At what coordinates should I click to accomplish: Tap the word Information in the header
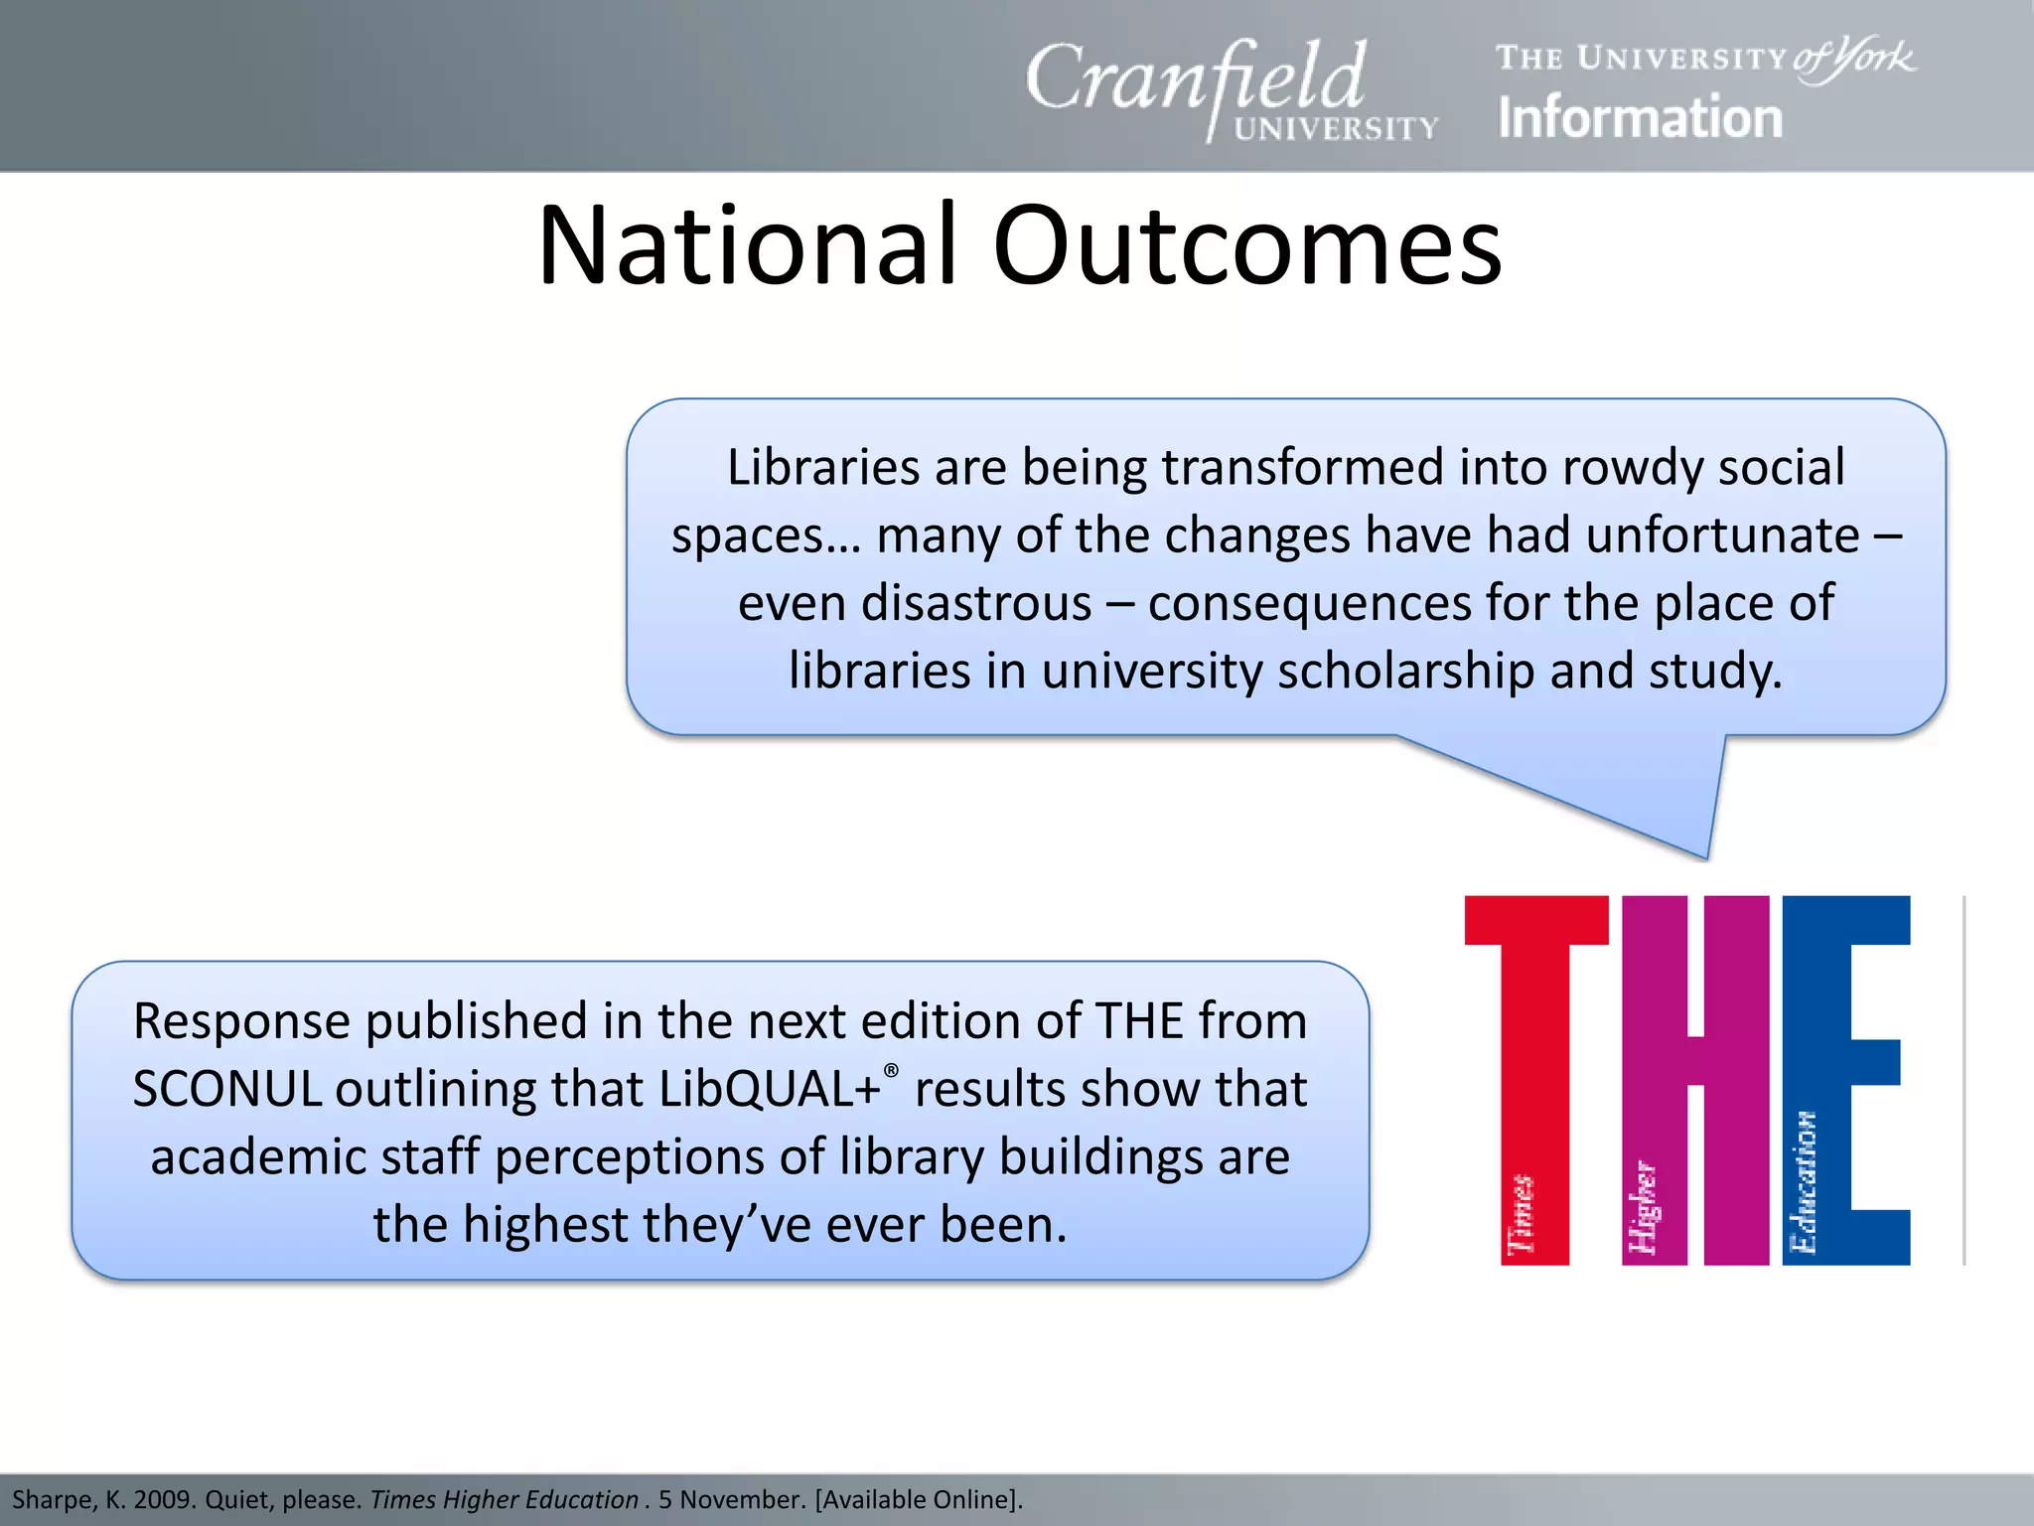1640,118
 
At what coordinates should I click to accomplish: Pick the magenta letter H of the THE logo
1695,1078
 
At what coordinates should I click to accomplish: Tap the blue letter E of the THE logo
1845,1078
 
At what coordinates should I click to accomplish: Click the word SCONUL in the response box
226,1089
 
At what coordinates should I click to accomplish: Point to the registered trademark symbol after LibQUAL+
891,1070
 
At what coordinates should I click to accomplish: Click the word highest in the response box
544,1225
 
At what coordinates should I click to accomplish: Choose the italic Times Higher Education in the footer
504,1499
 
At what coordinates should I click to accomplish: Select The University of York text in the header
1704,58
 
